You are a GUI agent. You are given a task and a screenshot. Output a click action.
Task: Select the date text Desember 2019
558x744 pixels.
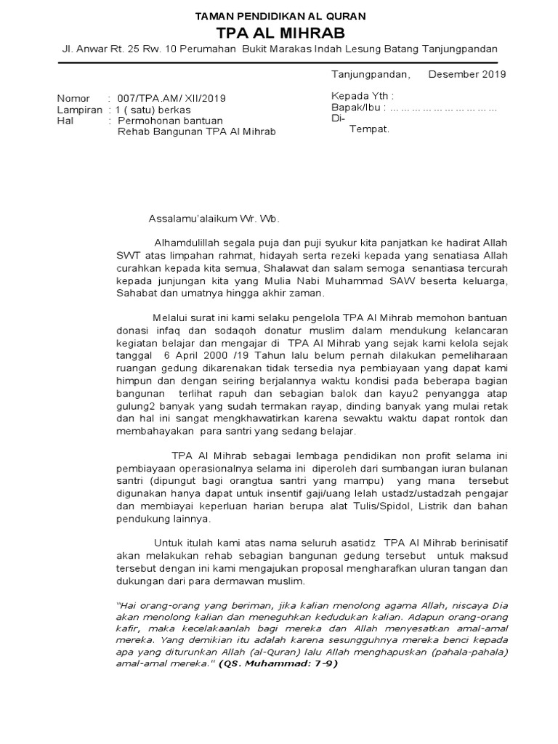point(467,74)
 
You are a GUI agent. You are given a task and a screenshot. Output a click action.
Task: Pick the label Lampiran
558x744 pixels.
point(78,109)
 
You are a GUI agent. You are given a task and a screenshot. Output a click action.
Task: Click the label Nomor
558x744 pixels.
point(73,98)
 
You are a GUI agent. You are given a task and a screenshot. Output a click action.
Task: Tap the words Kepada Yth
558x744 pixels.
point(362,96)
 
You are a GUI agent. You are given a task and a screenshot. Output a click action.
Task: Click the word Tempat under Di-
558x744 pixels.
point(370,129)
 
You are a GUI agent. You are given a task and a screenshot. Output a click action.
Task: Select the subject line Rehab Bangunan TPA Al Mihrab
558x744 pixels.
point(197,132)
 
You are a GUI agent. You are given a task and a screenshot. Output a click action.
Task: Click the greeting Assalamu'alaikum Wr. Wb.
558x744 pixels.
point(213,218)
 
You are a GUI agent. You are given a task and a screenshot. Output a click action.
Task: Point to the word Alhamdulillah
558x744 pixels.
point(187,242)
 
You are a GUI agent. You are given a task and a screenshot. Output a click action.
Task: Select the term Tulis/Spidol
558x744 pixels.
point(359,506)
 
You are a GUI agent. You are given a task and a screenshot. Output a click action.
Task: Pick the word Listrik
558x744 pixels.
point(414,506)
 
